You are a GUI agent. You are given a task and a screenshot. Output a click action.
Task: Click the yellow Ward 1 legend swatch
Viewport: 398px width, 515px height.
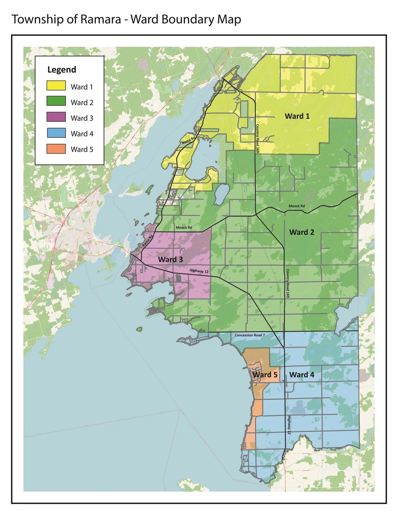coord(56,85)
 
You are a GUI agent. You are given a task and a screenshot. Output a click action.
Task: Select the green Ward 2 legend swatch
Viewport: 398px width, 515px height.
coord(56,101)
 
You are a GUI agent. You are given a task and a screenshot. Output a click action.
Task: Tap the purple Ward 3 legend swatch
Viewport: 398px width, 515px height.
coord(56,117)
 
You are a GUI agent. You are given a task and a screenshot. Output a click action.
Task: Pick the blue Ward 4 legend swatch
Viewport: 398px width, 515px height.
coord(56,133)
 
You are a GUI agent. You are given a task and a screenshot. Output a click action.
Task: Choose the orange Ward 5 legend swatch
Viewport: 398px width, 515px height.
coord(56,149)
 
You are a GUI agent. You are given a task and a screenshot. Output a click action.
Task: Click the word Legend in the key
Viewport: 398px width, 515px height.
coord(62,70)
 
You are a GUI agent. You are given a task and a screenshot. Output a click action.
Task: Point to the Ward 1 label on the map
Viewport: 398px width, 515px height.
coord(297,116)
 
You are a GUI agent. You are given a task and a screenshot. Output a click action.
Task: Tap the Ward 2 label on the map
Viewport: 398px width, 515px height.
coord(301,232)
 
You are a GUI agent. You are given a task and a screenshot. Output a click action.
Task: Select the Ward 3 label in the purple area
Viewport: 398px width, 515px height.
coord(170,259)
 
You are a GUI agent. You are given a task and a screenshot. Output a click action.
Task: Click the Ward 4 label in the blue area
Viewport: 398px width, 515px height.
coord(302,375)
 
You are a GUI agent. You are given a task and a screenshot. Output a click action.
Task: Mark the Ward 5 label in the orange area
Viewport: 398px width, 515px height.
coord(265,375)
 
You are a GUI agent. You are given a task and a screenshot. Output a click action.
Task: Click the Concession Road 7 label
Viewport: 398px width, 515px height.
coord(249,335)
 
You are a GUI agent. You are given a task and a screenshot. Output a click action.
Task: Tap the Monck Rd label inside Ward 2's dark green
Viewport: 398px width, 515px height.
coord(297,206)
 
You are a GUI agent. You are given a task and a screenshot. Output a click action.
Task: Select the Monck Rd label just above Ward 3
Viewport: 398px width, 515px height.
coord(184,228)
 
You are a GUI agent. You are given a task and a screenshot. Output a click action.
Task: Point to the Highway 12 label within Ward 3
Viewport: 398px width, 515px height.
coord(199,271)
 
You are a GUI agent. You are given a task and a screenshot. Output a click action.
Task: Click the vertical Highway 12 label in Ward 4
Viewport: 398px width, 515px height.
coord(289,425)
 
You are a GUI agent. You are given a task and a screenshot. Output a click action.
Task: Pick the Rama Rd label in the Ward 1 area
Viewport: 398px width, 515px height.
coord(188,140)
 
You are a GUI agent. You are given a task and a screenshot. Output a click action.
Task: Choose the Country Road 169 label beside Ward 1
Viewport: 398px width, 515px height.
coord(257,138)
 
